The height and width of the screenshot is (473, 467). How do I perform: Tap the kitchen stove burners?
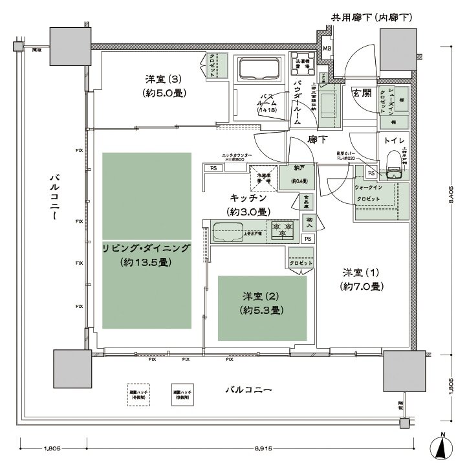click(282, 228)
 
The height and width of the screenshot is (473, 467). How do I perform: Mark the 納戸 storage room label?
click(298, 171)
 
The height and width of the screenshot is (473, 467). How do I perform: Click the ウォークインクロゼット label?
click(371, 192)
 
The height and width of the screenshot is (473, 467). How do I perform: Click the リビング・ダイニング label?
click(146, 248)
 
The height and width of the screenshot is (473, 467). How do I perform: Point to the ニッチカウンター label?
click(237, 156)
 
